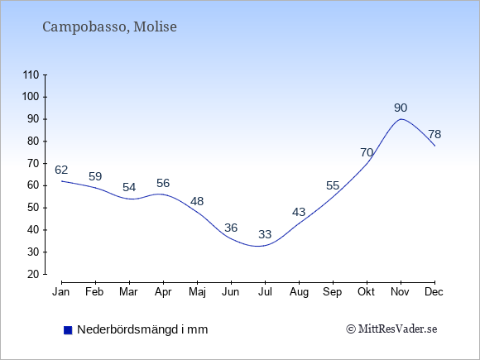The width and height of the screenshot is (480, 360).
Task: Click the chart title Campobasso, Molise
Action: [109, 26]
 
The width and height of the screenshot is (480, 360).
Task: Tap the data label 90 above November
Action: [401, 108]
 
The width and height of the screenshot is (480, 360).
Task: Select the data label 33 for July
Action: [265, 234]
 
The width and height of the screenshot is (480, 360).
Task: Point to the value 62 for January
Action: [61, 170]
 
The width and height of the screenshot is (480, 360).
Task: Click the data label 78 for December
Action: [434, 134]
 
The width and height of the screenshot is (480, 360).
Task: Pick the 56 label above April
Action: [163, 183]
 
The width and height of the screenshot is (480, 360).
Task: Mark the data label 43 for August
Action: [299, 212]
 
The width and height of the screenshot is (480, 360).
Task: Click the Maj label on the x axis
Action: [197, 292]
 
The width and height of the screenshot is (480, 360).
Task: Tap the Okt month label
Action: [366, 292]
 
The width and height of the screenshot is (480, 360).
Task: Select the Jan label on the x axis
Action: [61, 292]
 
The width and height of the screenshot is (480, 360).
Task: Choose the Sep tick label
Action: [332, 292]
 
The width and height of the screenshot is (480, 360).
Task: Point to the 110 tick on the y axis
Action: [31, 75]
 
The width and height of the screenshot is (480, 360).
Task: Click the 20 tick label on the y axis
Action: [33, 274]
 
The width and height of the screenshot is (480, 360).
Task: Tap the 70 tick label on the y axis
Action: [33, 164]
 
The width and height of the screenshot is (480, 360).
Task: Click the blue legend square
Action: [68, 330]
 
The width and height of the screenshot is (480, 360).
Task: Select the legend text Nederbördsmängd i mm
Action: [142, 329]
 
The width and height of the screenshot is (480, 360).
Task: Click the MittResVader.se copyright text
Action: [391, 329]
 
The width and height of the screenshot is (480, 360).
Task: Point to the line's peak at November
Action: [401, 119]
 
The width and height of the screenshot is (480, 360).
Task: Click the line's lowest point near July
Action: [258, 246]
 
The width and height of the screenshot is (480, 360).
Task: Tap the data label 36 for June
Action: [231, 228]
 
